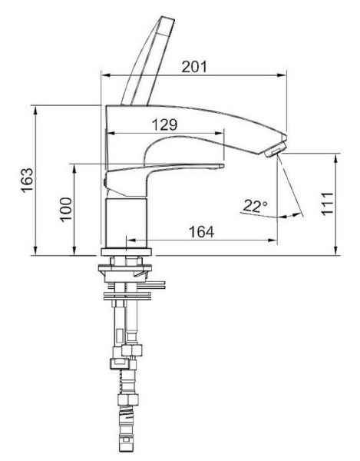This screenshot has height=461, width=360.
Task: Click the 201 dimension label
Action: pos(194,67)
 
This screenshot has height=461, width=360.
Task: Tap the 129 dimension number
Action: pos(165,124)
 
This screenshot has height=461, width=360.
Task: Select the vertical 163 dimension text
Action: pos(27,181)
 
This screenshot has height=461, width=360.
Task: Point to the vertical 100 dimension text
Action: pos(66,209)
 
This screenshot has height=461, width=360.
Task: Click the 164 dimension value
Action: pos(201,232)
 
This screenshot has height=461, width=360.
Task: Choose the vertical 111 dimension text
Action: pos(328,204)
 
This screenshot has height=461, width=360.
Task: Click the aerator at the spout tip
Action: pos(276,151)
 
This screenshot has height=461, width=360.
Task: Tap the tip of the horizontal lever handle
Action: pos(222,166)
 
